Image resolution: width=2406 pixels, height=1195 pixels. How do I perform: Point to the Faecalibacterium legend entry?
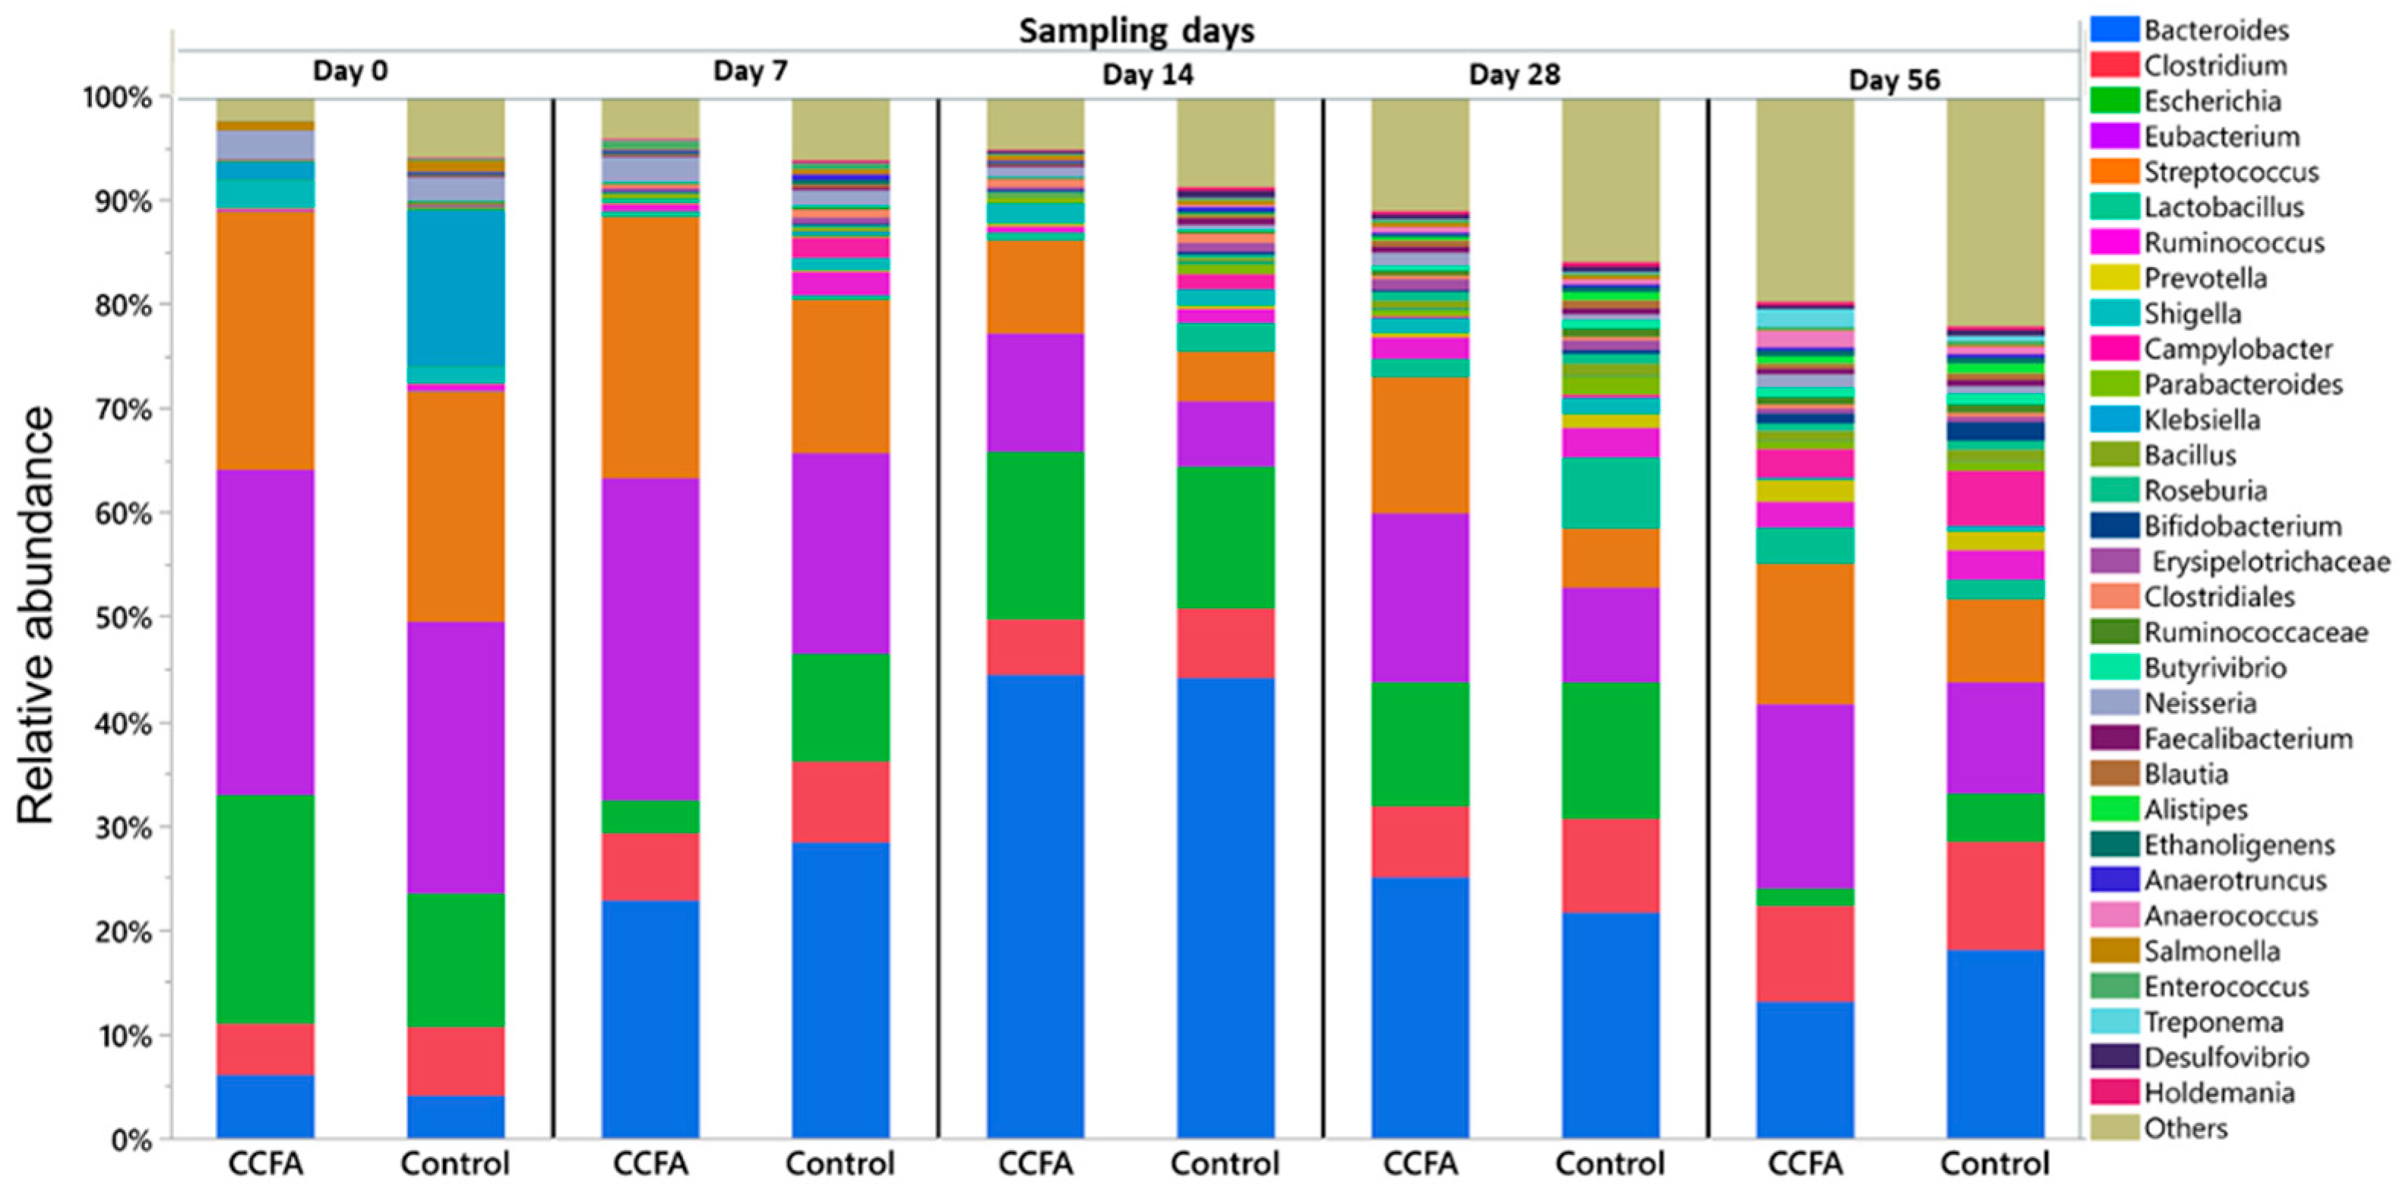click(2246, 738)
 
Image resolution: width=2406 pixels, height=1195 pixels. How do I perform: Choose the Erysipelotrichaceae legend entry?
click(2270, 562)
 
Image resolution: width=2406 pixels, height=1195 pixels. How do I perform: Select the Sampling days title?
click(1136, 31)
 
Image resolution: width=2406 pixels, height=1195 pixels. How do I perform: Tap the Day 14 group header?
click(1147, 74)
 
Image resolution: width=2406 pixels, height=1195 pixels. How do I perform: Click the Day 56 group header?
click(1893, 79)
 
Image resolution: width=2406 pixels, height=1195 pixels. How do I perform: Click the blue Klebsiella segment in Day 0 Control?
click(456, 285)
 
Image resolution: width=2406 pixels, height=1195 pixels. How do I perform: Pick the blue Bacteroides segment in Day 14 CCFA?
click(1035, 906)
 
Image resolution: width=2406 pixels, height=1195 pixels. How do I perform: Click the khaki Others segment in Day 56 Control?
click(1995, 211)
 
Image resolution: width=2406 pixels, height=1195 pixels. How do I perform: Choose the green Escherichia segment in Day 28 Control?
click(1611, 750)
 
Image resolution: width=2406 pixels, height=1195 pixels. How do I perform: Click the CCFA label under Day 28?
click(1420, 1163)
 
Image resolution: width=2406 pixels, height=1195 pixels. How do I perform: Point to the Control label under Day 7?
click(839, 1163)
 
